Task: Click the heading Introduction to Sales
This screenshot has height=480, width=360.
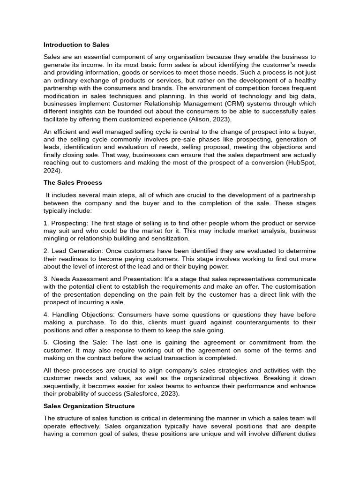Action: [x=76, y=45]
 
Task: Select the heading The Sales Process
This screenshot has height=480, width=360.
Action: [x=73, y=182]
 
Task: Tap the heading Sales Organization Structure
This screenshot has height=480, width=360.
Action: [x=89, y=406]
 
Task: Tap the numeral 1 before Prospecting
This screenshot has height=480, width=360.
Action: [x=45, y=223]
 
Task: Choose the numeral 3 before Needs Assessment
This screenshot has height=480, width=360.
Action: [x=45, y=279]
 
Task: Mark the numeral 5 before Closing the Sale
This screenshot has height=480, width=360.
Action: [x=45, y=342]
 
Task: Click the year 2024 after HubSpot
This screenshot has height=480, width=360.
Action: [x=52, y=171]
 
